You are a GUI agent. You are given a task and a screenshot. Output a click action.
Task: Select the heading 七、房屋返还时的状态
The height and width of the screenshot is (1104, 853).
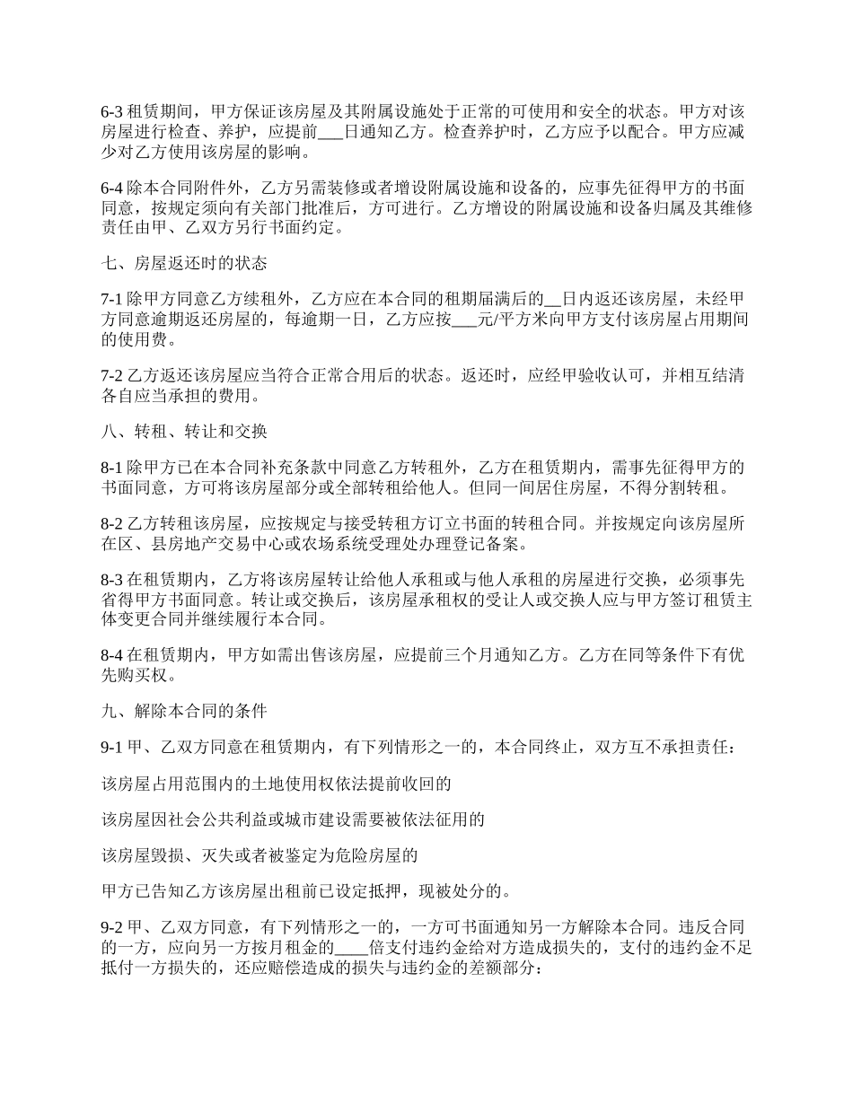pos(183,263)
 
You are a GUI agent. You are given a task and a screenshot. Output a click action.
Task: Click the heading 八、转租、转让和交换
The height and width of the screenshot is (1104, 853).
pos(183,431)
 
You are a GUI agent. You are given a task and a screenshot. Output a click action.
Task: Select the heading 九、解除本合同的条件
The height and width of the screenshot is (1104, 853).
pos(183,712)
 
